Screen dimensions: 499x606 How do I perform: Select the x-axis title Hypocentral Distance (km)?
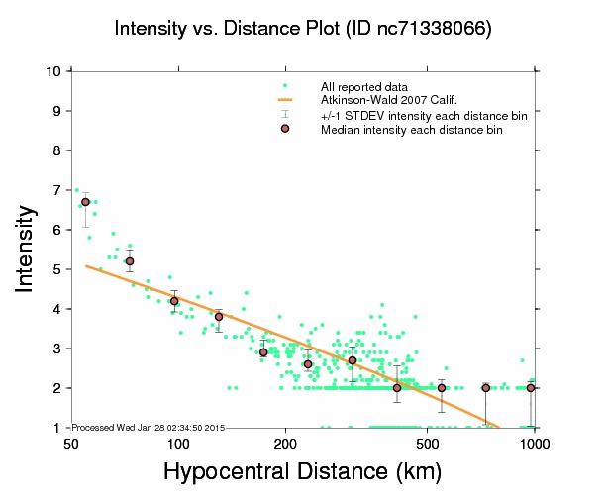pyautogui.click(x=303, y=472)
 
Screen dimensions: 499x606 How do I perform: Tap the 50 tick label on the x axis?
pyautogui.click(x=71, y=443)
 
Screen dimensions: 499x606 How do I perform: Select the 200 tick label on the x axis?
pyautogui.click(x=285, y=443)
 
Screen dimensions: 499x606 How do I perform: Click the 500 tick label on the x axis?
pyautogui.click(x=428, y=443)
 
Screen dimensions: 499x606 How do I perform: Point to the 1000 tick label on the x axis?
pyautogui.click(x=535, y=443)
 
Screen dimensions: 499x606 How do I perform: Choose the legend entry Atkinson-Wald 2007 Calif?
pyautogui.click(x=386, y=101)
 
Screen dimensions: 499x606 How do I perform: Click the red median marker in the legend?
pyautogui.click(x=285, y=129)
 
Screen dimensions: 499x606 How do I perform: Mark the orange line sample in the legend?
pyautogui.click(x=285, y=101)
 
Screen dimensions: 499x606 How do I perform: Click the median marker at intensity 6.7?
pyautogui.click(x=85, y=201)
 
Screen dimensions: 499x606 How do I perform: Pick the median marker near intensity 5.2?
pyautogui.click(x=129, y=261)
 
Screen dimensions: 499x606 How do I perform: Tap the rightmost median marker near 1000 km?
pyautogui.click(x=531, y=388)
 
